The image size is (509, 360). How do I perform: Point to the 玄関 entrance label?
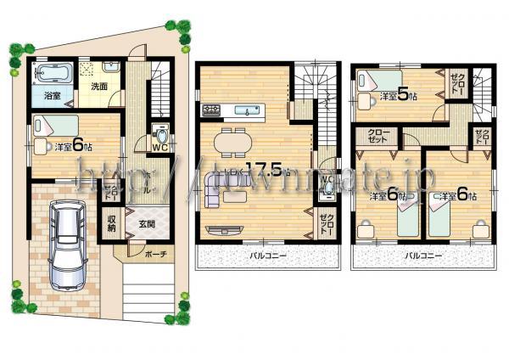[146, 224]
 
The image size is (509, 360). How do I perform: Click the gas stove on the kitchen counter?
[211, 109]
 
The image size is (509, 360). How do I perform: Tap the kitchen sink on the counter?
[251, 110]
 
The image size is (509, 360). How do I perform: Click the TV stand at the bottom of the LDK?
[227, 228]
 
